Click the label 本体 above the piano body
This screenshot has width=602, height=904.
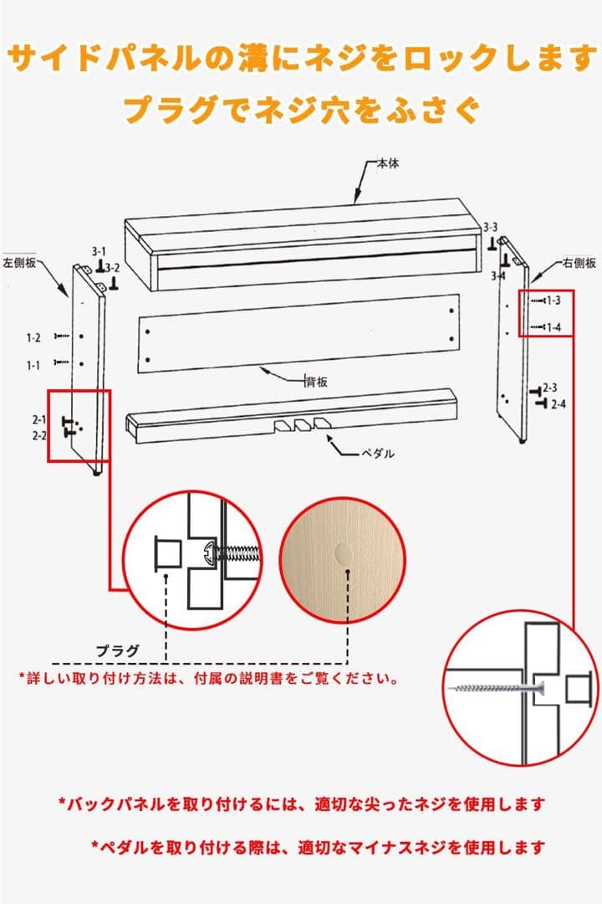(x=387, y=164)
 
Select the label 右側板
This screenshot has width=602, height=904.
(x=579, y=263)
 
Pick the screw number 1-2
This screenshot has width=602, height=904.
(x=33, y=338)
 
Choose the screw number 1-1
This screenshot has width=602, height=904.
(x=33, y=365)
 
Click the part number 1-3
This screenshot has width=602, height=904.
(x=554, y=300)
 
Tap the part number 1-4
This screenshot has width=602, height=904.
(x=554, y=326)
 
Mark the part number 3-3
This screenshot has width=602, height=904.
(x=490, y=228)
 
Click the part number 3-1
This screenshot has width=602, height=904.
(x=99, y=251)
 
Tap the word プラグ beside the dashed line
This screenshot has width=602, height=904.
(x=116, y=650)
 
